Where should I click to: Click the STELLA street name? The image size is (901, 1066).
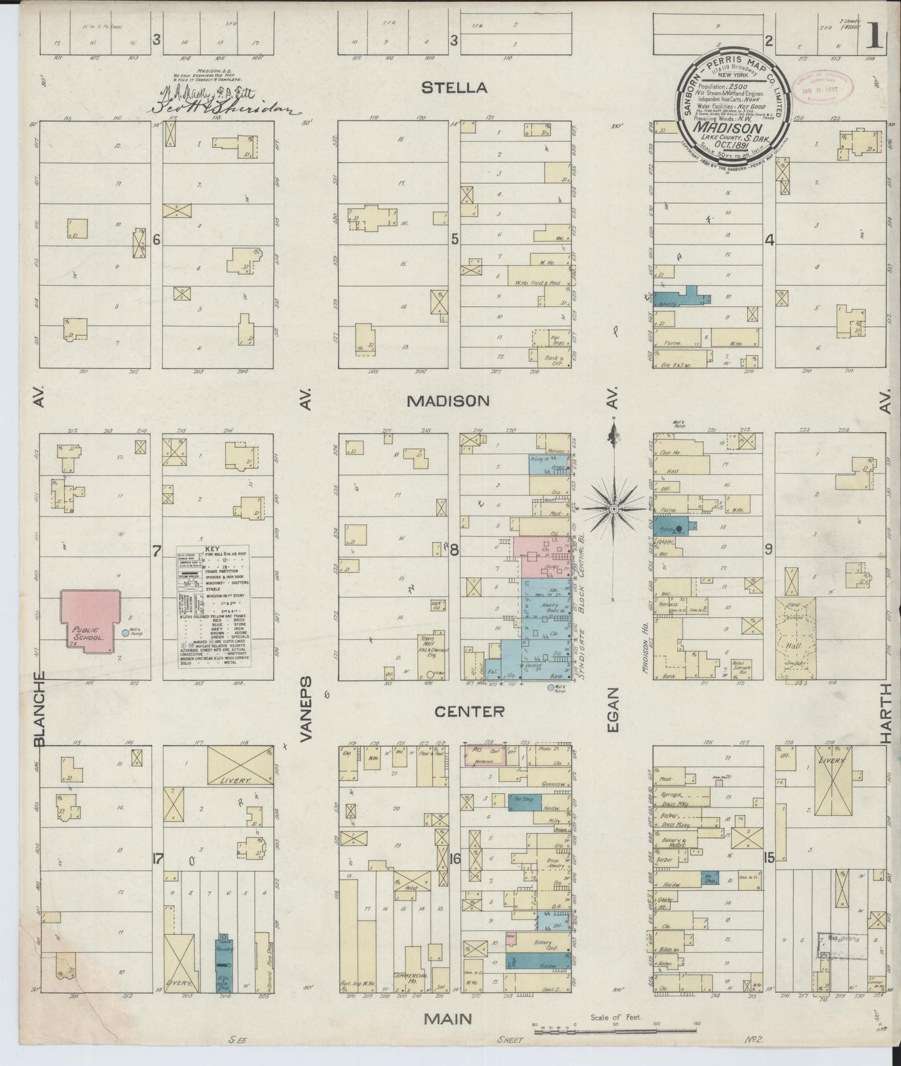(453, 87)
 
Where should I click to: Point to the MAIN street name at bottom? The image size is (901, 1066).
(448, 1019)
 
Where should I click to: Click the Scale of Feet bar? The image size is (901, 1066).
(614, 1024)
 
